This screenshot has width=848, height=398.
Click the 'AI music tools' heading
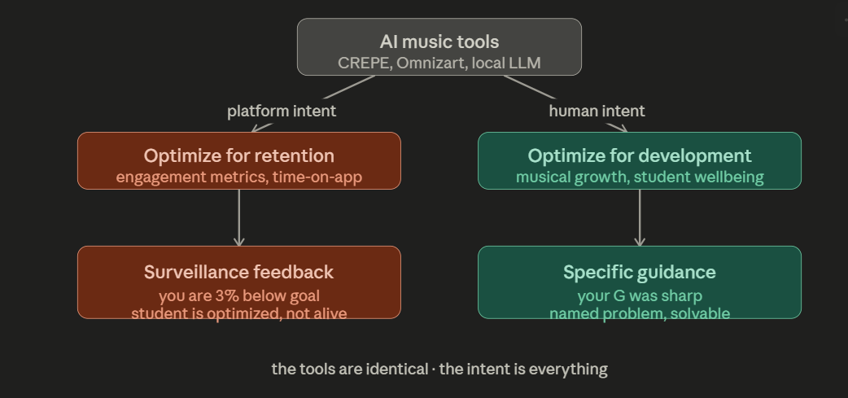[x=439, y=42]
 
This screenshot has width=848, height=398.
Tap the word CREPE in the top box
[x=363, y=63]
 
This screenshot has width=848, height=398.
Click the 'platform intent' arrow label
[x=281, y=111]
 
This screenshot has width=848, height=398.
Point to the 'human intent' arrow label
[x=597, y=111]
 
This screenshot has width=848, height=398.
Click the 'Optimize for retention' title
[x=238, y=155]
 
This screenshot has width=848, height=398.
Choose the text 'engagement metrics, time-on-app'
[x=238, y=177]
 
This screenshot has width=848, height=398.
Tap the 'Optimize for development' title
[x=639, y=155]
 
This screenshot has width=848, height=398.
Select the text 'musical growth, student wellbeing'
[x=639, y=177]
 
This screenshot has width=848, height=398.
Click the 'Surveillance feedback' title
[x=238, y=272]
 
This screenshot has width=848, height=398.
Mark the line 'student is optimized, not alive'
[x=238, y=313]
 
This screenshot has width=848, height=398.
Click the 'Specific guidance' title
[x=639, y=272]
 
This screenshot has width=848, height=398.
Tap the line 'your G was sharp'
[x=639, y=295]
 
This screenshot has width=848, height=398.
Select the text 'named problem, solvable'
[x=639, y=313]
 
